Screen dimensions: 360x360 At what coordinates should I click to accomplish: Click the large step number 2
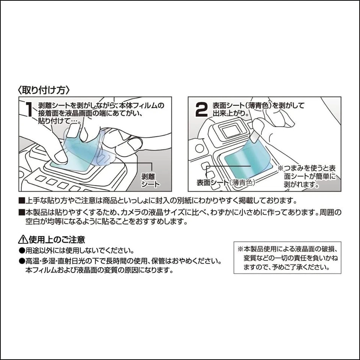coord(201,110)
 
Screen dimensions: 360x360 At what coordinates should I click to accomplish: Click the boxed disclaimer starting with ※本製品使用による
coord(287,258)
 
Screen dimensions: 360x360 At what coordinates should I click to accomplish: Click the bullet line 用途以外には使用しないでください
coord(79,250)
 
